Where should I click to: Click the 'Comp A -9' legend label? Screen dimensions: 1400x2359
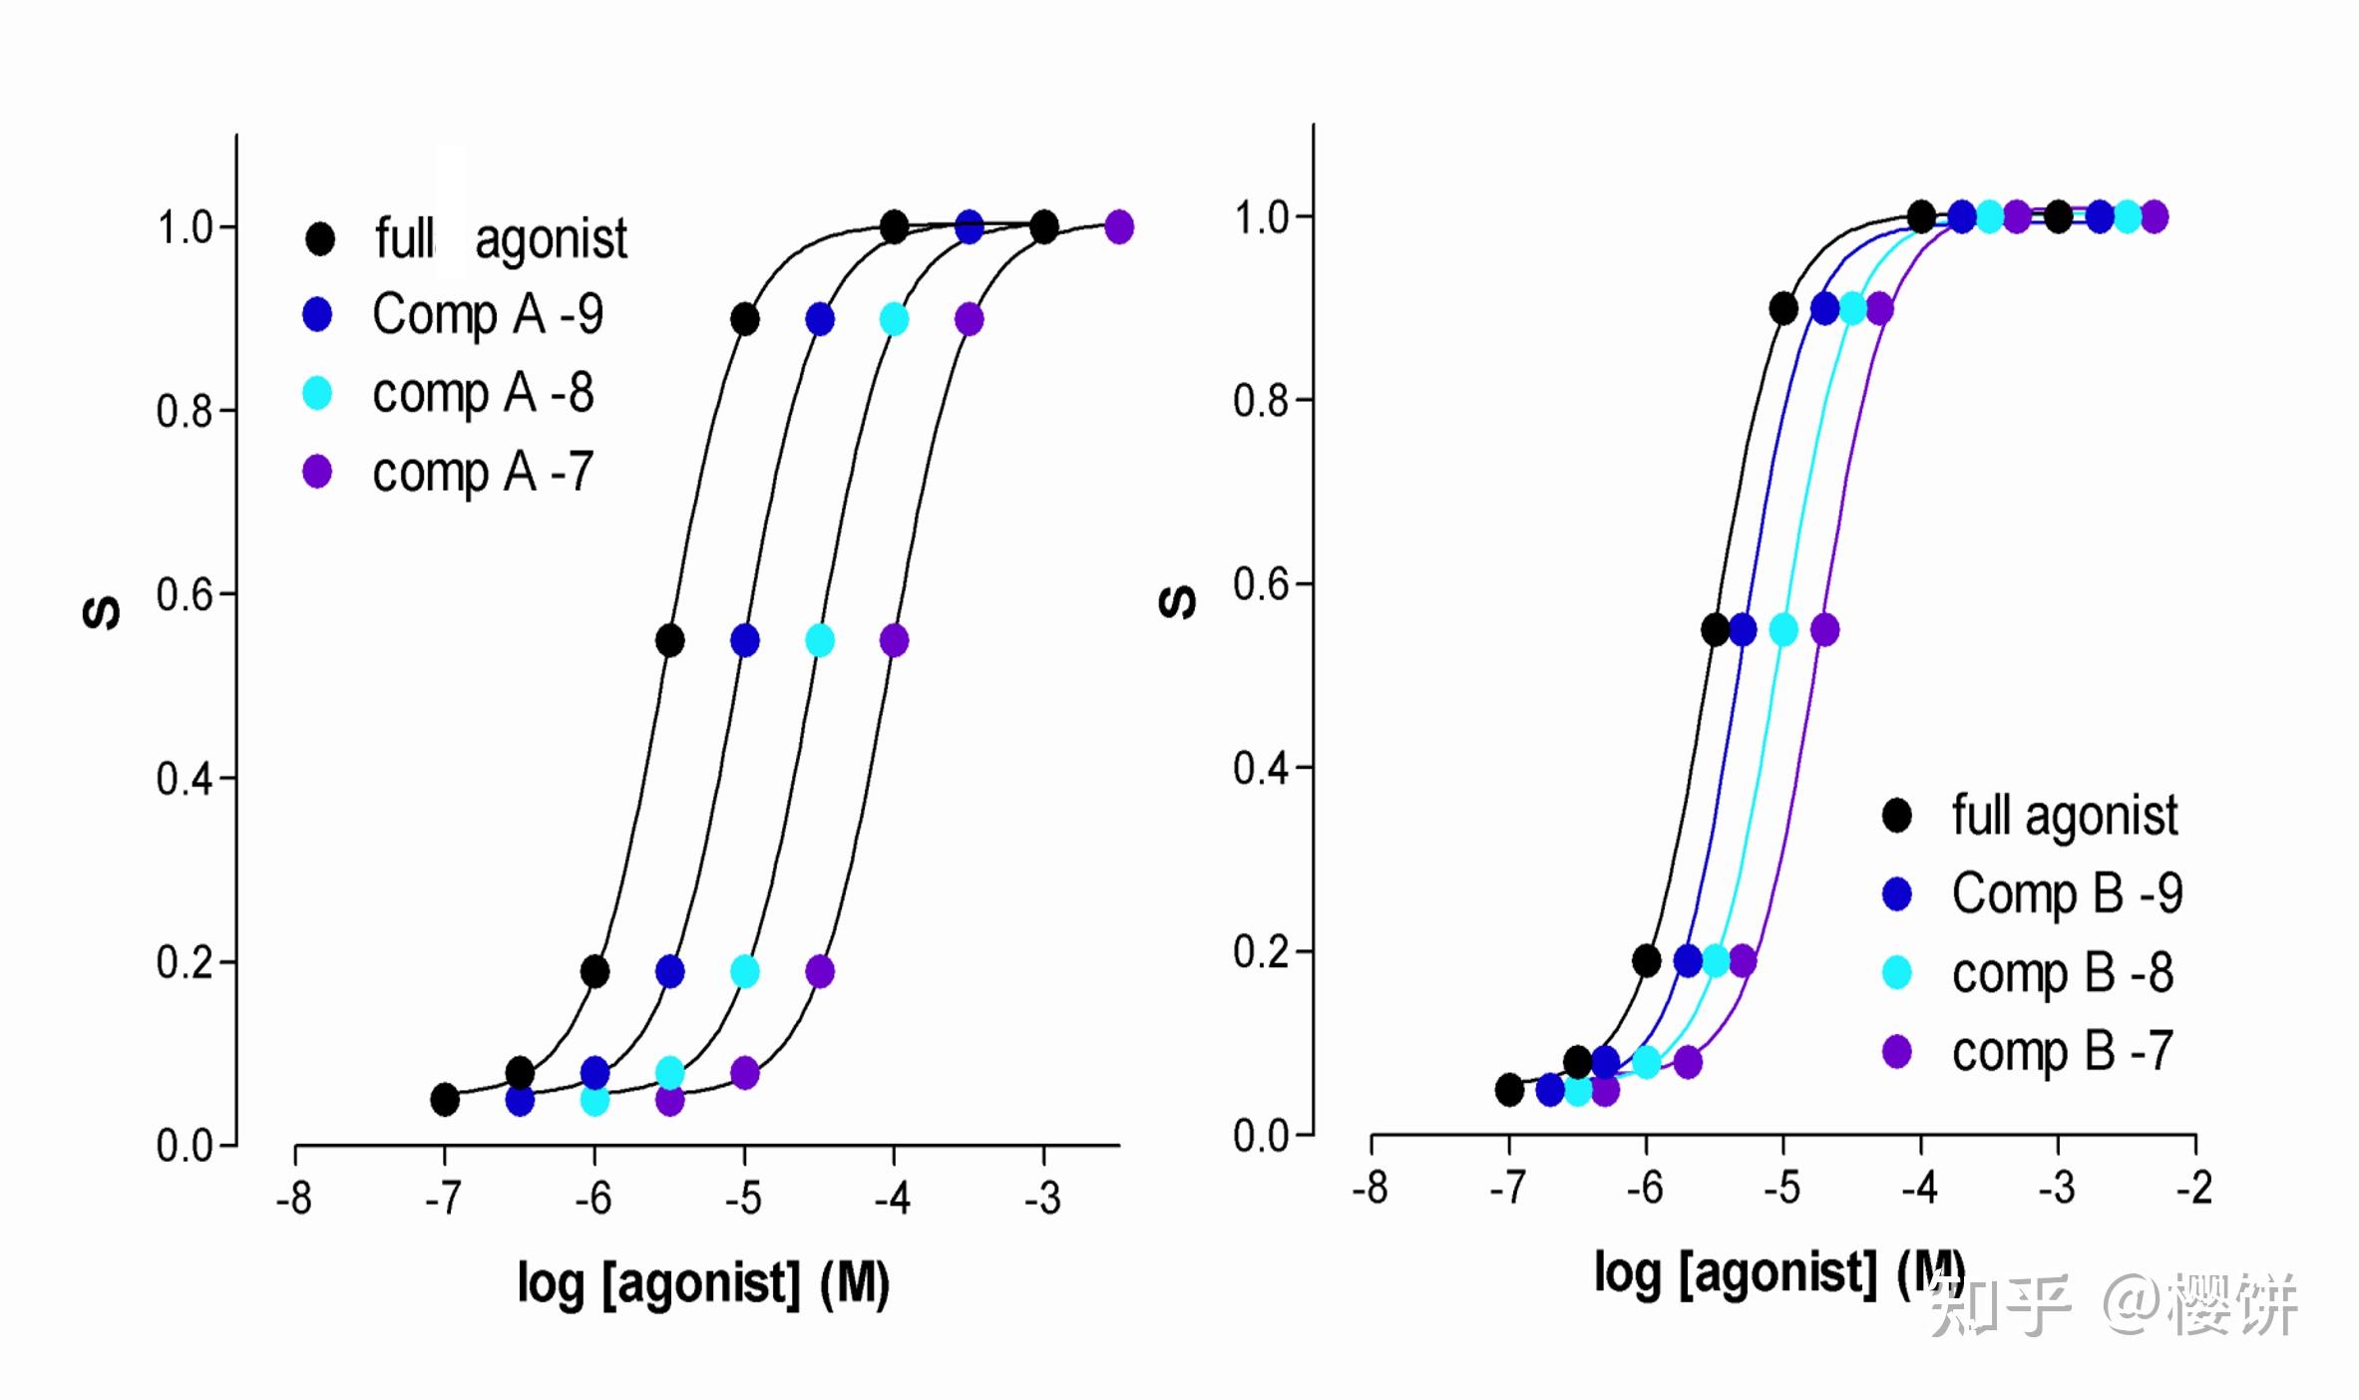[x=488, y=315]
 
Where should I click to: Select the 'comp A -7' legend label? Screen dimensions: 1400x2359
[x=483, y=472]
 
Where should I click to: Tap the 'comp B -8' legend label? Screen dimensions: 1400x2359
[x=2062, y=973]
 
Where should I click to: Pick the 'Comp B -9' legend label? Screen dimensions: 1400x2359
[x=2067, y=893]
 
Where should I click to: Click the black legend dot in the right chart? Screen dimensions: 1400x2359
[x=1896, y=815]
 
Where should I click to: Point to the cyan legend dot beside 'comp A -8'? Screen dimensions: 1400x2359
[x=317, y=393]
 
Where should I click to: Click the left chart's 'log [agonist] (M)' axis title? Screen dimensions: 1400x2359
[x=703, y=1282]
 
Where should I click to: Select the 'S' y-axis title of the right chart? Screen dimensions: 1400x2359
[x=1177, y=601]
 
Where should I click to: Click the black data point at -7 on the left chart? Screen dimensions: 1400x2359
[x=445, y=1100]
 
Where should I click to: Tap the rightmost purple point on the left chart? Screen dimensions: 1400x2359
[x=1119, y=226]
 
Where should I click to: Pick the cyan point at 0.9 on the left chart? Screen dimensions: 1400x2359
[x=894, y=320]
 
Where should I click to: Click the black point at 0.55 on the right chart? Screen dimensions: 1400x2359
[x=1715, y=630]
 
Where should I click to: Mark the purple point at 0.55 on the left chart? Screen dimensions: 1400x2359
[x=894, y=640]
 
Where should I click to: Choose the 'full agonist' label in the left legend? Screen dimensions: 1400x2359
[x=501, y=239]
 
